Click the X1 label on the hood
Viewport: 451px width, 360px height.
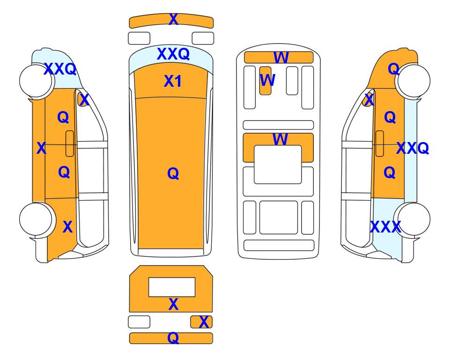pos(172,81)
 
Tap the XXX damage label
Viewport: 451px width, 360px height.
pos(385,227)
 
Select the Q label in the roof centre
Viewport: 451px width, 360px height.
pos(173,173)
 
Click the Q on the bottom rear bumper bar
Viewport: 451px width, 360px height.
pos(173,338)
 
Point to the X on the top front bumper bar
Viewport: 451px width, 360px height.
pos(173,19)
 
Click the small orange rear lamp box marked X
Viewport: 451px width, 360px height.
pos(201,322)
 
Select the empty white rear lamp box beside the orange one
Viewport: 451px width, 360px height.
pos(139,322)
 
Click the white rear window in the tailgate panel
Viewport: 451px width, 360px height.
pos(172,287)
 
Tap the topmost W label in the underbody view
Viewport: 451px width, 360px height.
pos(281,57)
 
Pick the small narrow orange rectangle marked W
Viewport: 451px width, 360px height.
pos(265,81)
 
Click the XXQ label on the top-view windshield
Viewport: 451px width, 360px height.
pos(173,54)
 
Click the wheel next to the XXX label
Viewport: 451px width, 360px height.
pos(412,220)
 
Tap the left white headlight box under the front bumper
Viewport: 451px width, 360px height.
pos(139,38)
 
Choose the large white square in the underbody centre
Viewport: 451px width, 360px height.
pos(278,165)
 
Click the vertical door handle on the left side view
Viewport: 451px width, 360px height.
pos(70,143)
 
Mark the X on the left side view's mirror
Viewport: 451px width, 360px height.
pos(84,100)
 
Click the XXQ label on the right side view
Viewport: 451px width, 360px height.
pos(413,148)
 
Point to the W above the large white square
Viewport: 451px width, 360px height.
pos(280,139)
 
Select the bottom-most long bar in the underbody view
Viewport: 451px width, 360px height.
pos(279,245)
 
